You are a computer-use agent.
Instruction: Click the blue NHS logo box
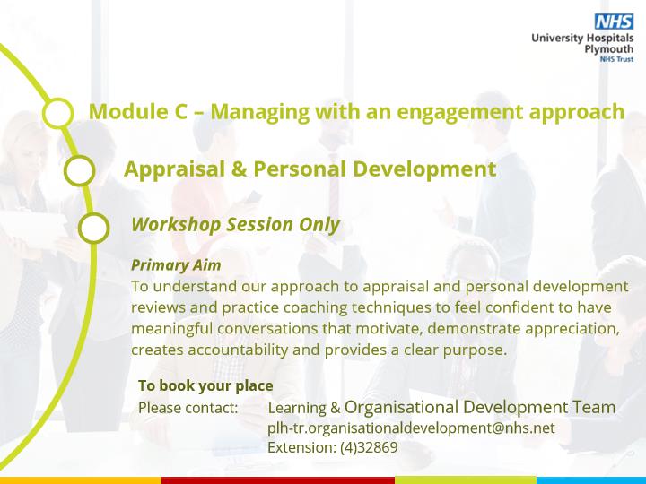[x=614, y=21]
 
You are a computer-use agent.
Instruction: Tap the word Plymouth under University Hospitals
[x=609, y=49]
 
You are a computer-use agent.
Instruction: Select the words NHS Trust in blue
[x=616, y=59]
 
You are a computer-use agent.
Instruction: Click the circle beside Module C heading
[x=57, y=113]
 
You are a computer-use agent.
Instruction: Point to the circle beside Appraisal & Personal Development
[x=80, y=170]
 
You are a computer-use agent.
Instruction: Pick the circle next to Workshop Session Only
[x=93, y=228]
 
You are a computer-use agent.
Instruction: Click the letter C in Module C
[x=179, y=111]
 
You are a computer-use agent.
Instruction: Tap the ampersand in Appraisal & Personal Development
[x=239, y=169]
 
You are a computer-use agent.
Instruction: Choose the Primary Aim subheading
[x=176, y=265]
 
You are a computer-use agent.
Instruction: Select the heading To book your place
[x=205, y=385]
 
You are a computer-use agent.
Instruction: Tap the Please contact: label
[x=188, y=408]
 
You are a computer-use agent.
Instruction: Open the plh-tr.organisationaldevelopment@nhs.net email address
[x=411, y=428]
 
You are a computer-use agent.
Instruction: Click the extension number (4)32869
[x=369, y=447]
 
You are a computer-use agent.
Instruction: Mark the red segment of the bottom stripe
[x=278, y=480]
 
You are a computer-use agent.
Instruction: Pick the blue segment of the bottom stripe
[x=591, y=480]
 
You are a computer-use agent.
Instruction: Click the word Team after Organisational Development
[x=595, y=407]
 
